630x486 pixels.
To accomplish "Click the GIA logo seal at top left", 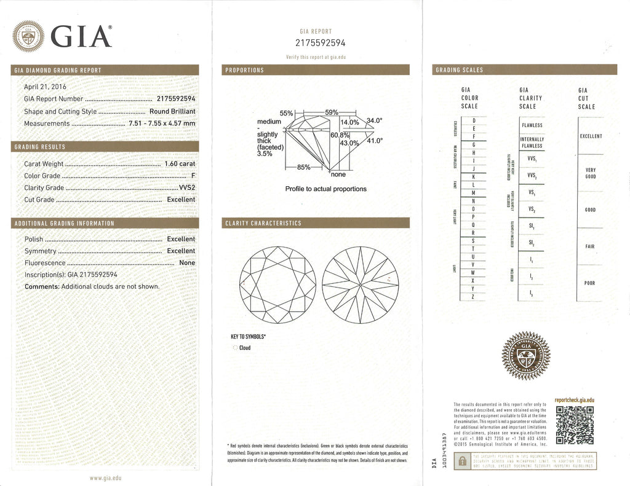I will (x=28, y=36).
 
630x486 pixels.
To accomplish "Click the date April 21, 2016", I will (x=45, y=87).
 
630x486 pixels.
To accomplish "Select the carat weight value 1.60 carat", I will (x=180, y=164).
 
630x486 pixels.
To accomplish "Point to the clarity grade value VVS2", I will (x=186, y=187).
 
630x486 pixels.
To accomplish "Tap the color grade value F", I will (x=193, y=176).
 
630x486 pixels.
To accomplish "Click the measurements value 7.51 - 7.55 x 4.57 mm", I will (x=162, y=123).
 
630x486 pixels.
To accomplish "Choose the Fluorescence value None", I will (x=187, y=263).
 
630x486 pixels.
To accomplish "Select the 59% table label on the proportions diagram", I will (x=332, y=112).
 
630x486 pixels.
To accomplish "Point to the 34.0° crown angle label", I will (x=375, y=120).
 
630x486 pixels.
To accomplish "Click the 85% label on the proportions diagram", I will (x=304, y=167).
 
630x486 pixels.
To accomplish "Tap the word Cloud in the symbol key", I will (x=245, y=348).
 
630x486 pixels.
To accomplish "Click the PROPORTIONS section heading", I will (x=245, y=70).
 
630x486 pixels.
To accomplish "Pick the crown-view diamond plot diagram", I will (x=277, y=284).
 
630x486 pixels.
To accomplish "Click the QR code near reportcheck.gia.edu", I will (x=574, y=424).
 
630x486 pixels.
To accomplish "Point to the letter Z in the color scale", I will (x=473, y=297).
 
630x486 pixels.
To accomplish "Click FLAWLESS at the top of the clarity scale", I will (x=532, y=125).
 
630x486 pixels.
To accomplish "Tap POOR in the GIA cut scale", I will (x=590, y=283).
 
